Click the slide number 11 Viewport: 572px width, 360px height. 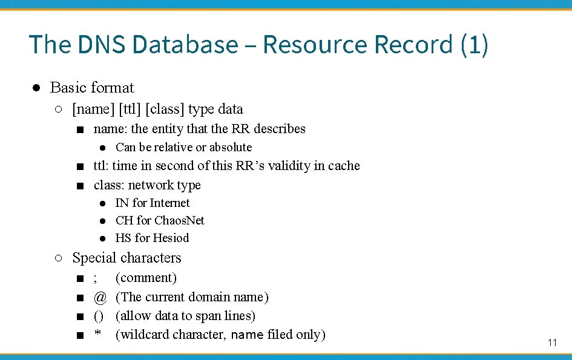551,342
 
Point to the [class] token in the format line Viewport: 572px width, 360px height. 165,110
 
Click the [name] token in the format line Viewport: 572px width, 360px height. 93,110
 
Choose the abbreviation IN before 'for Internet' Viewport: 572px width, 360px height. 122,203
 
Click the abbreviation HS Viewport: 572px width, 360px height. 123,238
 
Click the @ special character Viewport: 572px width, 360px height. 100,297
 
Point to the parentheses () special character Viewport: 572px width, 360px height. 99,316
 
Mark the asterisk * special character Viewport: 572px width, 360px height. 97,334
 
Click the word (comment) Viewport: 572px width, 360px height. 146,278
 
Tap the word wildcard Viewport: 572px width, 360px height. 145,335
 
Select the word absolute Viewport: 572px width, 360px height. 230,147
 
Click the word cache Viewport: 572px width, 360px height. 344,166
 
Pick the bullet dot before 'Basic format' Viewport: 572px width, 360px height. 36,88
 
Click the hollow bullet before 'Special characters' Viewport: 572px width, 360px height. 58,258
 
